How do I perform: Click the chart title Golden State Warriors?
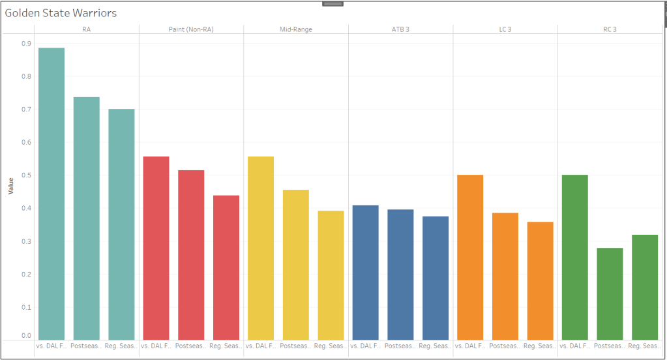(x=61, y=13)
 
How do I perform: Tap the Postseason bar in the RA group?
(x=86, y=218)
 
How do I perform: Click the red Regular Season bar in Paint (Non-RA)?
(x=226, y=267)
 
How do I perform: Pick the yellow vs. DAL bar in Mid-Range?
(x=261, y=247)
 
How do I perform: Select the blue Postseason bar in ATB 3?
(x=400, y=274)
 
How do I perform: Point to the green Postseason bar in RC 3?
(x=610, y=293)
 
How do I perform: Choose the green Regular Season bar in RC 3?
(x=645, y=286)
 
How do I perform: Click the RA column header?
(x=87, y=29)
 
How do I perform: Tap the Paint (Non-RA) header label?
(x=191, y=29)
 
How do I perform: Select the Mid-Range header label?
(x=296, y=29)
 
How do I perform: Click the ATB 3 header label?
(x=400, y=29)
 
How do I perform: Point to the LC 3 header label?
(x=505, y=29)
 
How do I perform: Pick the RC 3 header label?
(x=610, y=29)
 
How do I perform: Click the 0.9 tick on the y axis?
(x=25, y=44)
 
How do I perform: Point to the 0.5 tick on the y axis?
(x=25, y=175)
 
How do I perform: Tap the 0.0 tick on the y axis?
(x=25, y=336)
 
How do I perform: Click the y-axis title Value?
(x=10, y=186)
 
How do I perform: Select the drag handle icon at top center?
(x=333, y=4)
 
